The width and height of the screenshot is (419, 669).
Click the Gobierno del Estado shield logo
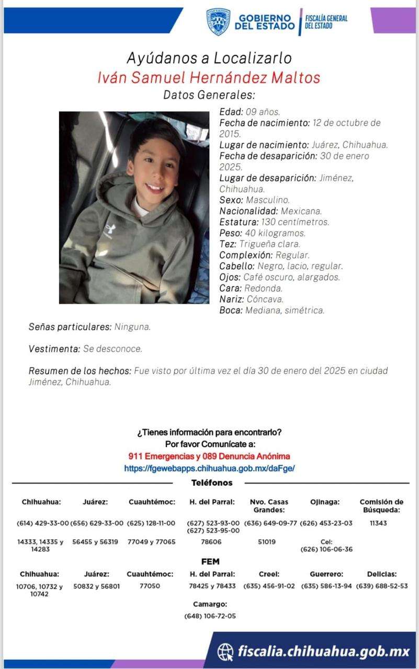pyautogui.click(x=218, y=22)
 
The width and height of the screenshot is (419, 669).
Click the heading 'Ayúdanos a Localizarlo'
pyautogui.click(x=209, y=57)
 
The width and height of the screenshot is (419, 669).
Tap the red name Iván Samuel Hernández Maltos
pyautogui.click(x=209, y=77)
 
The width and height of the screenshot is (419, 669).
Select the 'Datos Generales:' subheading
pyautogui.click(x=209, y=95)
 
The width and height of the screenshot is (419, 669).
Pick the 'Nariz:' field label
pyautogui.click(x=232, y=299)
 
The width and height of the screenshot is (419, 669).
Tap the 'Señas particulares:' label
pyautogui.click(x=70, y=327)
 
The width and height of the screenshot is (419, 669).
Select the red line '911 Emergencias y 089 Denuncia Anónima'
pyautogui.click(x=209, y=456)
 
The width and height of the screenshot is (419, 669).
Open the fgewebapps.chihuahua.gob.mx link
pyautogui.click(x=209, y=468)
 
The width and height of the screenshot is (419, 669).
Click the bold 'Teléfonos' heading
pyautogui.click(x=212, y=483)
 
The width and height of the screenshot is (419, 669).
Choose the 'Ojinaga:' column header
pyautogui.click(x=325, y=502)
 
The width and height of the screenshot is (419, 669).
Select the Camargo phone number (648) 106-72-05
pyautogui.click(x=210, y=616)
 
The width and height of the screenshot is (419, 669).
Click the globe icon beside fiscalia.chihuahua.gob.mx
pyautogui.click(x=225, y=651)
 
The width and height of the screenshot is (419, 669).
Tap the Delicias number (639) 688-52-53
pyautogui.click(x=382, y=586)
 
